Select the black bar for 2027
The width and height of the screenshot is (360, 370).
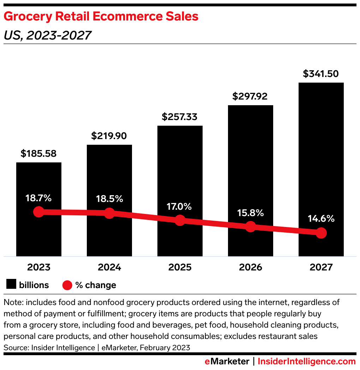point(321,159)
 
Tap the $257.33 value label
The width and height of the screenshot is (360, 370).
point(180,117)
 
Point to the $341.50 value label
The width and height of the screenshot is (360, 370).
point(321,74)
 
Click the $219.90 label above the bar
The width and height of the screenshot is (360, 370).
point(109,136)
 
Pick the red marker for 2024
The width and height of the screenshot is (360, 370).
point(109,213)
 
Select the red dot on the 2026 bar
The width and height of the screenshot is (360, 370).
point(250,227)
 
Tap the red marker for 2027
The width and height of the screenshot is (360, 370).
point(321,233)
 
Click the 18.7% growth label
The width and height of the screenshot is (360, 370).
point(38,198)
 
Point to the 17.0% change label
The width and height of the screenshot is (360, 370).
point(180,207)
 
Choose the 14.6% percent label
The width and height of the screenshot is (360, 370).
point(321,219)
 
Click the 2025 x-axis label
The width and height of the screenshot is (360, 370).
point(180,267)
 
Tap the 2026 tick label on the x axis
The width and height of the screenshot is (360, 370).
point(250,267)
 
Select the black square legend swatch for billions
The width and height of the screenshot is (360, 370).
point(11,285)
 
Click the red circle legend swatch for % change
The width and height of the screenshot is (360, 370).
point(67,285)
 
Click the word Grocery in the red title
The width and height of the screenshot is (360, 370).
point(25,17)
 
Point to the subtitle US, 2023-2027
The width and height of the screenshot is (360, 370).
point(48,35)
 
